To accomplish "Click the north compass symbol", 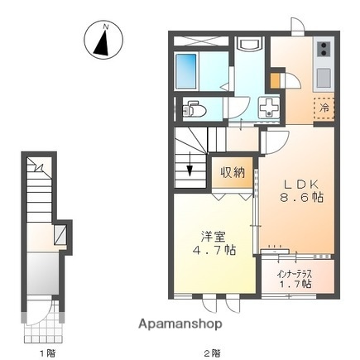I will pyautogui.click(x=105, y=41).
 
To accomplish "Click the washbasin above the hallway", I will pyautogui.click(x=247, y=49).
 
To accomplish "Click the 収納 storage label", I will pyautogui.click(x=233, y=172).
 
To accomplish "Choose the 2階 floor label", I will pyautogui.click(x=213, y=352).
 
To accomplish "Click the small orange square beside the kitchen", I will pyautogui.click(x=276, y=81).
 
